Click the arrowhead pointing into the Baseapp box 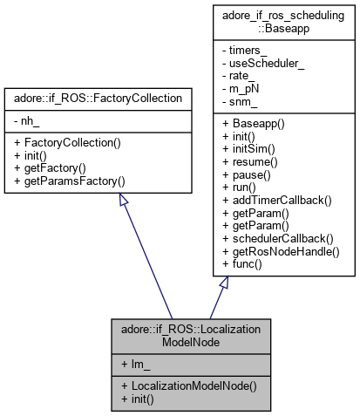[224, 284]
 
